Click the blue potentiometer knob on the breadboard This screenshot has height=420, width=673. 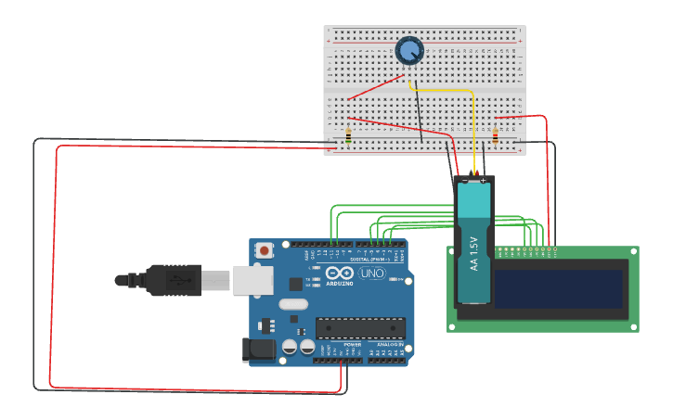(x=409, y=50)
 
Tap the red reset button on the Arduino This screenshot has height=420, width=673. (x=265, y=249)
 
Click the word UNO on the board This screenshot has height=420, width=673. (x=371, y=274)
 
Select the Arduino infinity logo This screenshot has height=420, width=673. (x=340, y=274)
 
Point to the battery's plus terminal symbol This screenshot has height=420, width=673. (x=484, y=181)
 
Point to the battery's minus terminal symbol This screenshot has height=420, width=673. (x=465, y=181)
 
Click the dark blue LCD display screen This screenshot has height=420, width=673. (x=557, y=288)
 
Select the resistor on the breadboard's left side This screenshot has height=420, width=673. (x=348, y=135)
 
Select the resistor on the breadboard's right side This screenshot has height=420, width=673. (x=495, y=137)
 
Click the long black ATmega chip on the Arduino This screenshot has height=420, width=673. (x=360, y=326)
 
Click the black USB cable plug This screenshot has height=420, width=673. (x=172, y=279)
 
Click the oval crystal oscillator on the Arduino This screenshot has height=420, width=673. (x=292, y=304)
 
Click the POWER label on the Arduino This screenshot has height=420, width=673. (x=352, y=344)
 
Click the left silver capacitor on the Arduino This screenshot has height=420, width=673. (x=290, y=346)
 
